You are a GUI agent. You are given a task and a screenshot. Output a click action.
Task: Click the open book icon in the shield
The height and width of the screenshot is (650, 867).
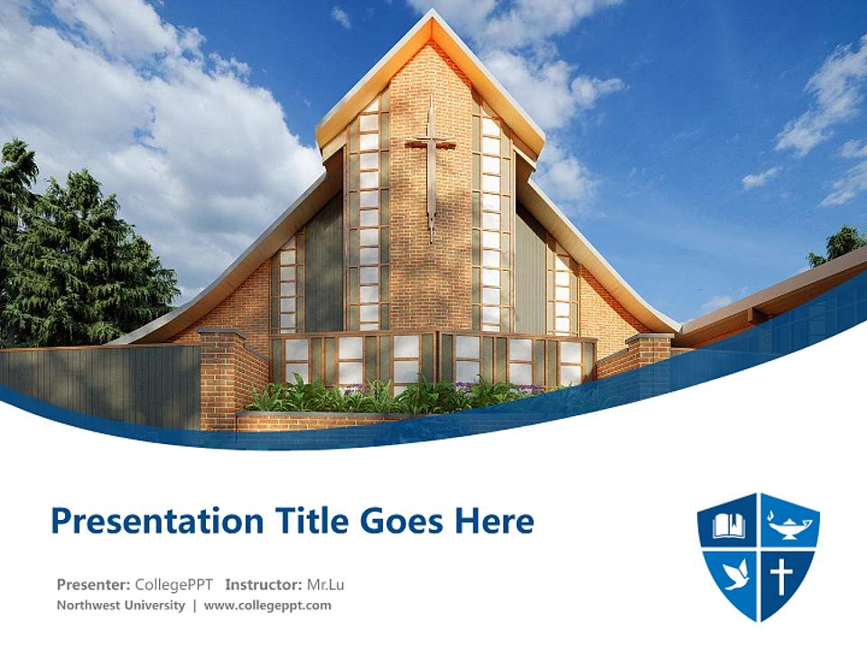[x=728, y=525]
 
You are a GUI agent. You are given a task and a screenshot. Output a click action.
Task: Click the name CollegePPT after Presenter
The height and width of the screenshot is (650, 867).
[x=173, y=584]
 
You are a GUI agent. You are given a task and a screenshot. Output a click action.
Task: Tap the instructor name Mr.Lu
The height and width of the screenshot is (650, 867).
[x=325, y=584]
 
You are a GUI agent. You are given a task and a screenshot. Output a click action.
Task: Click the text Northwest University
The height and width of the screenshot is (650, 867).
[x=120, y=605]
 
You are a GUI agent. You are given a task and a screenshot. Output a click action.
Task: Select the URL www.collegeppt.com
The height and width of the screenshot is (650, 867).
[x=267, y=605]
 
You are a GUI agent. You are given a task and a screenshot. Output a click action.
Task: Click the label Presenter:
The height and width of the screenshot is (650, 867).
[x=93, y=584]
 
